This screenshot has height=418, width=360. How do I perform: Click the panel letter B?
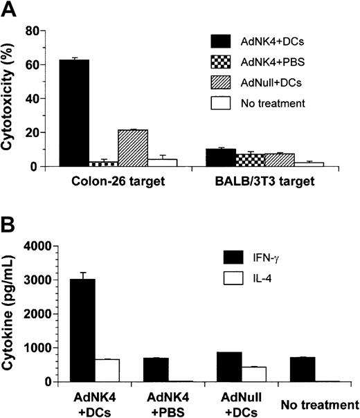tap(8, 224)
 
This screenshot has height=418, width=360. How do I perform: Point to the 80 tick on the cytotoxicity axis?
tap(35, 30)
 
